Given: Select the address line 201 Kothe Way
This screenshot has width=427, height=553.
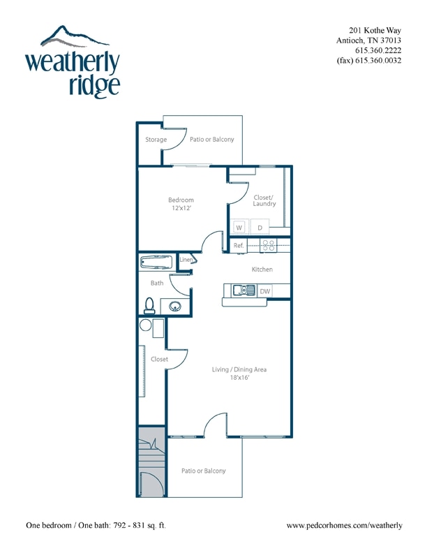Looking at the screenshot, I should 375,30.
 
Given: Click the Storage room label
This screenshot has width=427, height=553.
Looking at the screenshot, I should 156,140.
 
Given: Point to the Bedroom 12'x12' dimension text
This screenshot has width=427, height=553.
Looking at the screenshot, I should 181,208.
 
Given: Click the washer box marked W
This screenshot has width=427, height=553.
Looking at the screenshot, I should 239,228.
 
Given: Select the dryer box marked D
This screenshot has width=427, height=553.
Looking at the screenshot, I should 260,228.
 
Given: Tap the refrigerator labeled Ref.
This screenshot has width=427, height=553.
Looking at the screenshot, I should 239,246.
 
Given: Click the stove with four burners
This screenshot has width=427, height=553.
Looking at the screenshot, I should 269,245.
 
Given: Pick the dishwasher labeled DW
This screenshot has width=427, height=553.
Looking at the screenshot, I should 264,290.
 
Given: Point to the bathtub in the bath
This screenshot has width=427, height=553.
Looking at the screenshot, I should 156,263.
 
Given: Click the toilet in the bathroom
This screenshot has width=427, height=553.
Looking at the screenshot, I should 149,305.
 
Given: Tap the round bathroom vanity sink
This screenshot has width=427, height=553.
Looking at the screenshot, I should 175,306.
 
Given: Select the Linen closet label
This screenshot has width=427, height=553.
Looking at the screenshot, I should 186,260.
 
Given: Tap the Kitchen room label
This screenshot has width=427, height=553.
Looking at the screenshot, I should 262,270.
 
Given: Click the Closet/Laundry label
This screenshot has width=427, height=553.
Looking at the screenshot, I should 264,200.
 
